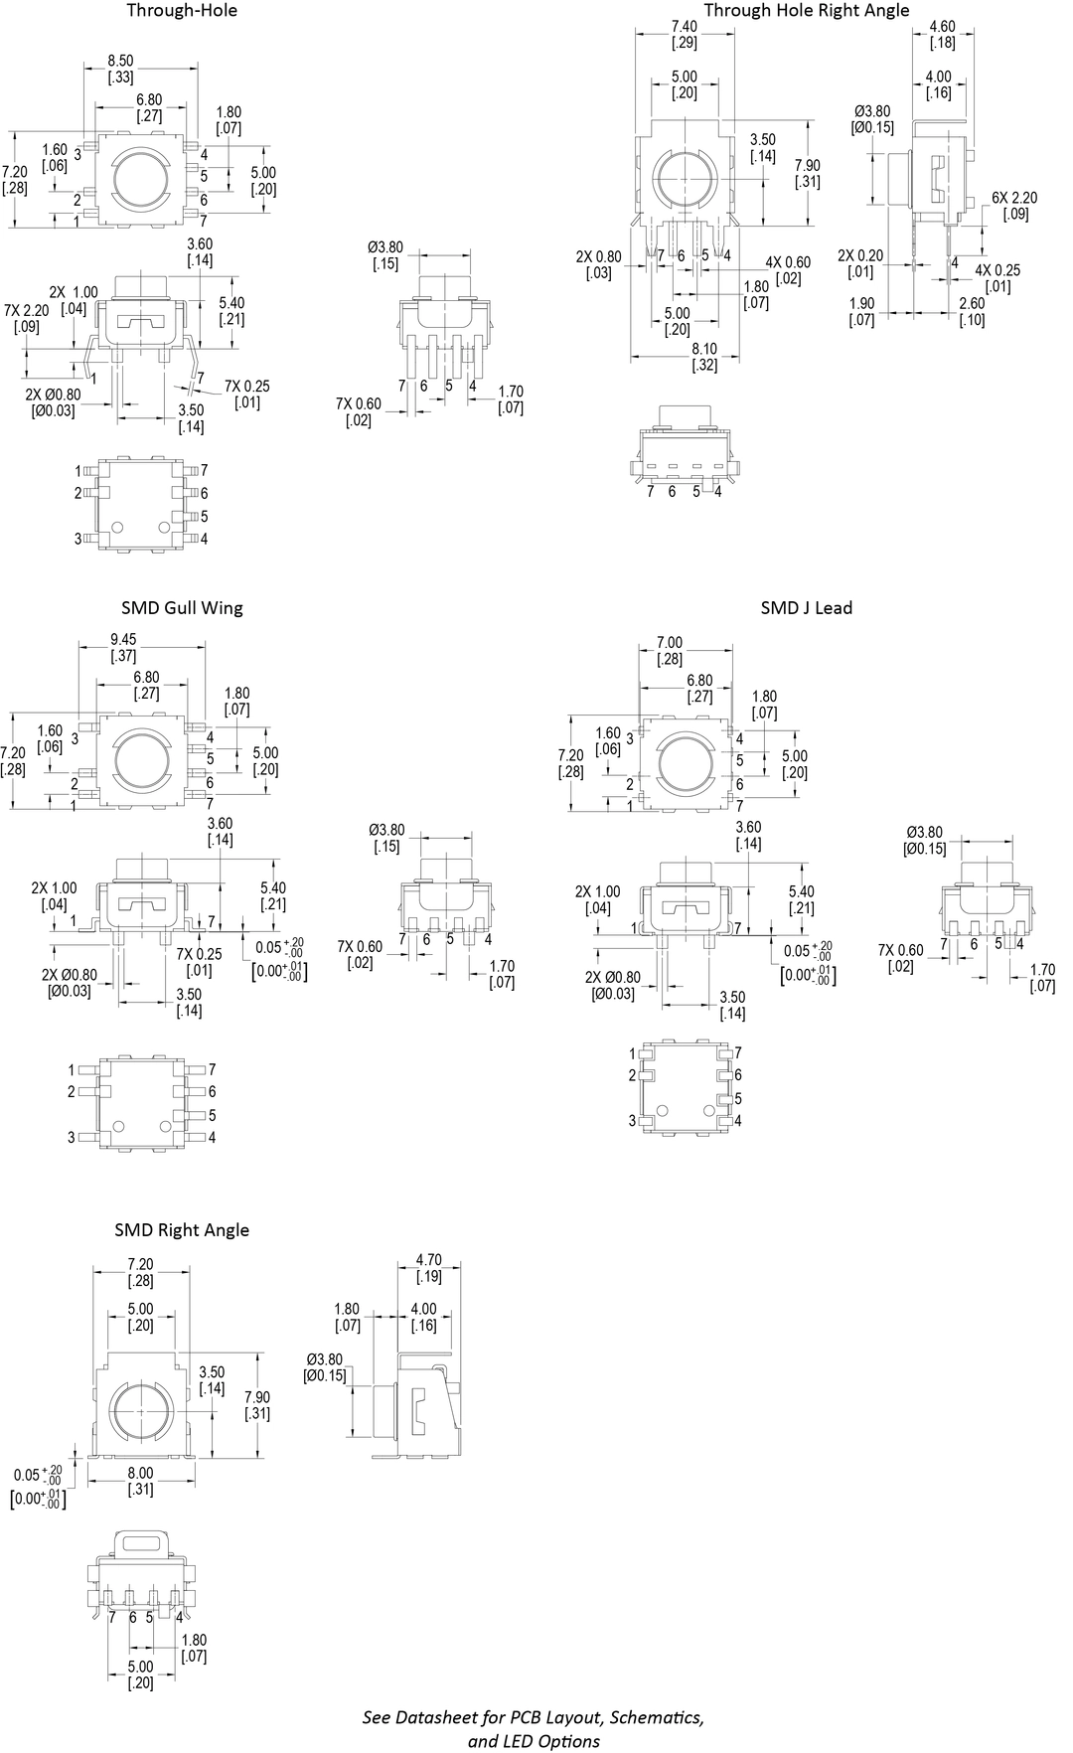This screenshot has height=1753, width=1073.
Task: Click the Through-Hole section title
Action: [x=181, y=11]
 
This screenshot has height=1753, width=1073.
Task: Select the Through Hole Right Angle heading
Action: [x=806, y=11]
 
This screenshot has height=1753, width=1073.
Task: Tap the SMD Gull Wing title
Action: [x=182, y=607]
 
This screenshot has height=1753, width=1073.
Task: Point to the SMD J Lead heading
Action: [x=806, y=607]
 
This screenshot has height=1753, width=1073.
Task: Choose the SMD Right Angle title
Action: [x=181, y=1229]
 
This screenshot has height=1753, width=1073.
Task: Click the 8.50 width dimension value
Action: [x=120, y=61]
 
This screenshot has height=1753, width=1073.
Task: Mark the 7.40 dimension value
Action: [x=684, y=26]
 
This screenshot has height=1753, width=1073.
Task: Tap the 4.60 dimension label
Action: [x=942, y=26]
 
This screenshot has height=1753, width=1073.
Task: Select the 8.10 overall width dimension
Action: [x=704, y=349]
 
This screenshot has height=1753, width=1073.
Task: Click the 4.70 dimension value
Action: [x=428, y=1260]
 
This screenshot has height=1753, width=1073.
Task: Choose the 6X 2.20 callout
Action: [x=1013, y=198]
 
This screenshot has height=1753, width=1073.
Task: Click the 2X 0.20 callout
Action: [x=859, y=255]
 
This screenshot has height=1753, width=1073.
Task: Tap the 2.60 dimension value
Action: [x=972, y=303]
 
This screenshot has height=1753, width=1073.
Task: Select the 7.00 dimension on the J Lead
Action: [x=670, y=643]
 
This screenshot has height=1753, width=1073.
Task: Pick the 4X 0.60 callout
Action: [x=788, y=262]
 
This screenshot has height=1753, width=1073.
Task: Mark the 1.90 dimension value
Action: [x=861, y=303]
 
